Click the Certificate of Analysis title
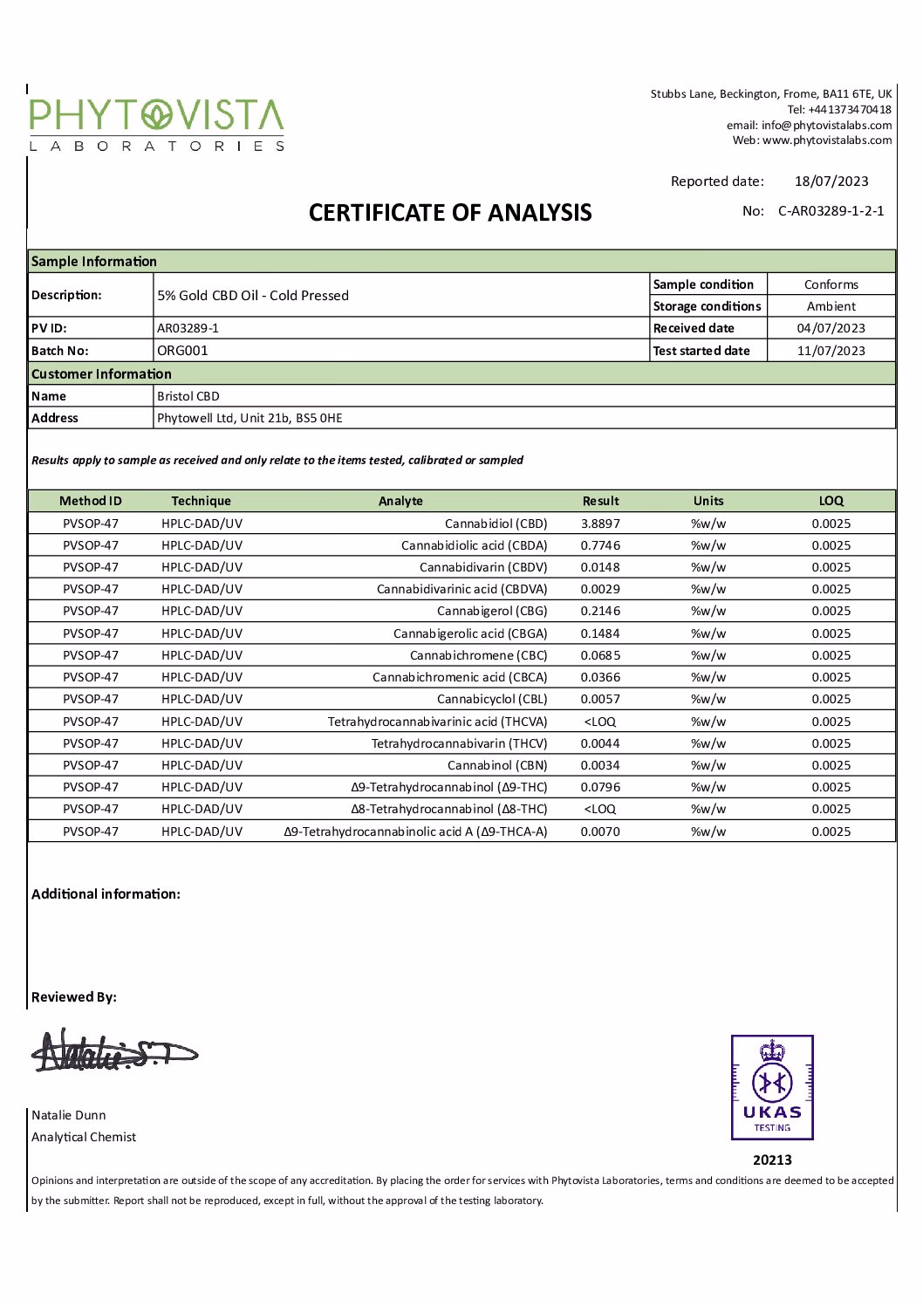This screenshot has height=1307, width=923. [x=450, y=213]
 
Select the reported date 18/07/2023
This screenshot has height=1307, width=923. [x=831, y=181]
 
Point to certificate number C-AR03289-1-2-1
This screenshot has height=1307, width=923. [x=831, y=211]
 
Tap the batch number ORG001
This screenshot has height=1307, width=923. [x=182, y=351]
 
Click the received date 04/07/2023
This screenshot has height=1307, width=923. [x=831, y=328]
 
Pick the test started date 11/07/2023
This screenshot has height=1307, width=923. [x=831, y=351]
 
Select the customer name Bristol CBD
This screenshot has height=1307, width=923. [x=188, y=396]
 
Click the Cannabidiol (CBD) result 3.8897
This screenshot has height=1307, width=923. [x=600, y=523]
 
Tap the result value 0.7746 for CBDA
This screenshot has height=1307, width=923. [x=600, y=545]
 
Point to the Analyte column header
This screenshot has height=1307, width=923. [x=400, y=501]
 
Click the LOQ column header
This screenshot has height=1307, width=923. [x=831, y=501]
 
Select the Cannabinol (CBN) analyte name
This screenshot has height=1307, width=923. [x=497, y=765]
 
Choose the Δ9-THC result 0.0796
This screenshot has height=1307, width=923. [x=600, y=787]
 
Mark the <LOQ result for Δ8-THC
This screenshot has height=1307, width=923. [x=600, y=809]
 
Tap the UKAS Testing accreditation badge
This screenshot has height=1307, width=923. [x=772, y=1087]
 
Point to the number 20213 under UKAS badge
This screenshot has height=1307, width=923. [x=772, y=1160]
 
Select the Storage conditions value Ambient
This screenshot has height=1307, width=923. [x=831, y=306]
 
